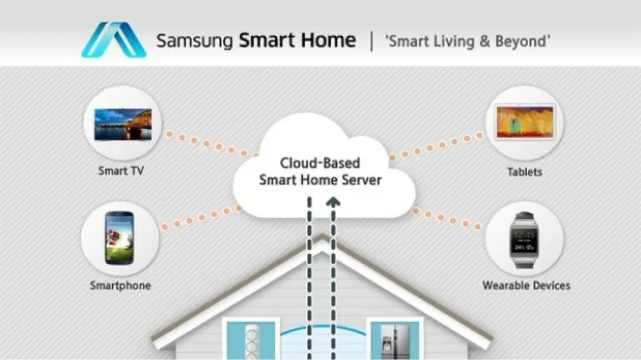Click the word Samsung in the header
[194, 41]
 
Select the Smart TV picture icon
[122, 124]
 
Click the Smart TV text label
[120, 172]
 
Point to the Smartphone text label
[120, 286]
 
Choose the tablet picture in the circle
[524, 123]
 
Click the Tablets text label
[525, 172]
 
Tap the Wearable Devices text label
[526, 285]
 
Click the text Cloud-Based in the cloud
[320, 163]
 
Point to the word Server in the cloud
[359, 180]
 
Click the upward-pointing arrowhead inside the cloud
[333, 203]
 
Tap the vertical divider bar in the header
[372, 41]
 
